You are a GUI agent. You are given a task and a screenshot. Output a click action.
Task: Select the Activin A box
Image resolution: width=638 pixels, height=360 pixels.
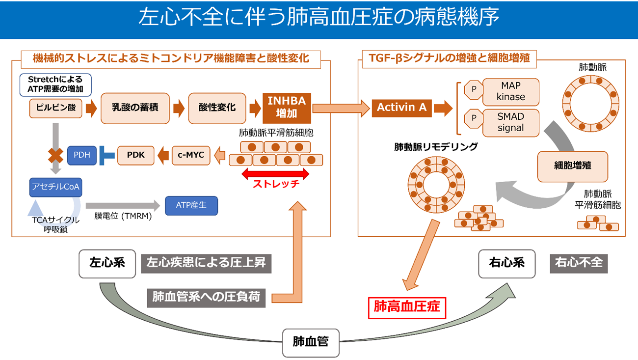click(401, 108)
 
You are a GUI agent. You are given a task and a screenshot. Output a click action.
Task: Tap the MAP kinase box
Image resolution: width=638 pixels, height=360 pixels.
click(510, 91)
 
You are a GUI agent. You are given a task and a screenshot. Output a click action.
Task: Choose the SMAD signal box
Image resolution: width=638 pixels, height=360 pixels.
click(510, 122)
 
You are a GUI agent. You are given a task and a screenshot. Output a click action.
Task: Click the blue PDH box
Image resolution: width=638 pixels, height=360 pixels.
click(82, 155)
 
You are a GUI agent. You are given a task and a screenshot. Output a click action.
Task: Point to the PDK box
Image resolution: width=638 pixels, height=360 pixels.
click(135, 155)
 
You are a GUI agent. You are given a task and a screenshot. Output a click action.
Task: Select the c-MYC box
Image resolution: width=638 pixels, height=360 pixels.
click(191, 155)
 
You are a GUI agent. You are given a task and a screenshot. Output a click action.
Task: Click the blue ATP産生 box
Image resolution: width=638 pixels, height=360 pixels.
click(190, 205)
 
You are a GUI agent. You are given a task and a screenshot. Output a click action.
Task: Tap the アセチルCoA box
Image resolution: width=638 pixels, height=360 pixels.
click(55, 187)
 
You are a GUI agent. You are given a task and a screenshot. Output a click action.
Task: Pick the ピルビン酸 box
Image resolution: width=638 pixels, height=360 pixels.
click(56, 108)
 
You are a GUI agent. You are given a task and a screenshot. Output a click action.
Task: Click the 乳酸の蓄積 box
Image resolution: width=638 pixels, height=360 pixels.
click(135, 108)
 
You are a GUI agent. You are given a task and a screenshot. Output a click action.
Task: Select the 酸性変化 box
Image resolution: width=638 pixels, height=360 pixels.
click(217, 108)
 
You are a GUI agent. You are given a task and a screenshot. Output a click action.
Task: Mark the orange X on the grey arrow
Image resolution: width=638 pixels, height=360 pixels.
click(55, 156)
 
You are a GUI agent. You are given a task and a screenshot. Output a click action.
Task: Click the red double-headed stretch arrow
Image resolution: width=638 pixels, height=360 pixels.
click(275, 173)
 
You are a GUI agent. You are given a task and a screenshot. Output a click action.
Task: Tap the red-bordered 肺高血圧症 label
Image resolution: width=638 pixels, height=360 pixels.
click(407, 306)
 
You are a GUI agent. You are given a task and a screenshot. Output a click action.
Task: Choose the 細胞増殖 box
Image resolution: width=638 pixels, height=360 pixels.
click(572, 166)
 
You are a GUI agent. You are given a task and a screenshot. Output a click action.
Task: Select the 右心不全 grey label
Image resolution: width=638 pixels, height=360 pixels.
click(579, 262)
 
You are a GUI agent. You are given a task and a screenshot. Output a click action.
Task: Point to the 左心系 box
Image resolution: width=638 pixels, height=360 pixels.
click(107, 263)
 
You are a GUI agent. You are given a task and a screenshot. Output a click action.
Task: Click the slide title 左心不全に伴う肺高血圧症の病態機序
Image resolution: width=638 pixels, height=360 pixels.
click(319, 18)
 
